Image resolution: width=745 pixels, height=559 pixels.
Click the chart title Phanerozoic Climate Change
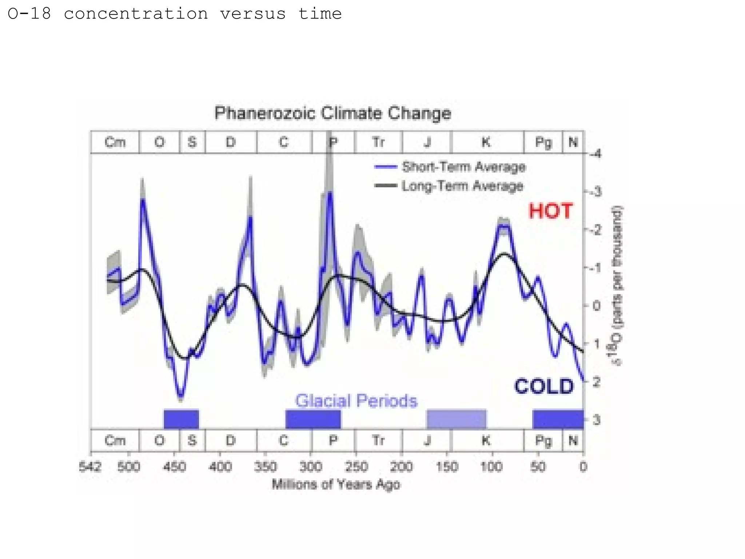pos(332,113)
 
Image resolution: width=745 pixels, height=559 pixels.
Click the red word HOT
pos(550,211)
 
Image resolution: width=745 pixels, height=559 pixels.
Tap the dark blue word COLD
pos(544,386)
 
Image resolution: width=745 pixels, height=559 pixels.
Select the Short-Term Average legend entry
pos(463,167)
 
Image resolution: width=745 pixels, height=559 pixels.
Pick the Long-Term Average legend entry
pos(462,186)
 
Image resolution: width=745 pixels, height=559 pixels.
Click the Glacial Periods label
pos(356,401)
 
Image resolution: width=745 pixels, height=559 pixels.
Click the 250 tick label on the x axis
pos(356,467)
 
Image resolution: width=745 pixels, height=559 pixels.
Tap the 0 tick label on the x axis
pos(583,467)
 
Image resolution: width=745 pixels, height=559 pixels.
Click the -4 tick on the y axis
pos(595,154)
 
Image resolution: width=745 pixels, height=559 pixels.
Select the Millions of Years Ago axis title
pos(336,484)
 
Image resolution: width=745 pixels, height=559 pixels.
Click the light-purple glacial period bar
pos(456,419)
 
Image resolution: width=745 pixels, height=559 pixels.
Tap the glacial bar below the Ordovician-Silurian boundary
pos(181,419)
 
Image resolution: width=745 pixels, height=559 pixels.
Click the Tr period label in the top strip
pos(378,142)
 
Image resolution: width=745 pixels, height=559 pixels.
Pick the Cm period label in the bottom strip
pos(115,441)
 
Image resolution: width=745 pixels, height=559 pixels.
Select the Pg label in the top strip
pos(543,142)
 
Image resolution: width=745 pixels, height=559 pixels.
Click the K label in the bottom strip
pos(486,441)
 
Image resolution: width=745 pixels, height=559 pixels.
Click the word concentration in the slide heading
pos(136,14)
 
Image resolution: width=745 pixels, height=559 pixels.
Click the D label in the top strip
pos(231,142)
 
